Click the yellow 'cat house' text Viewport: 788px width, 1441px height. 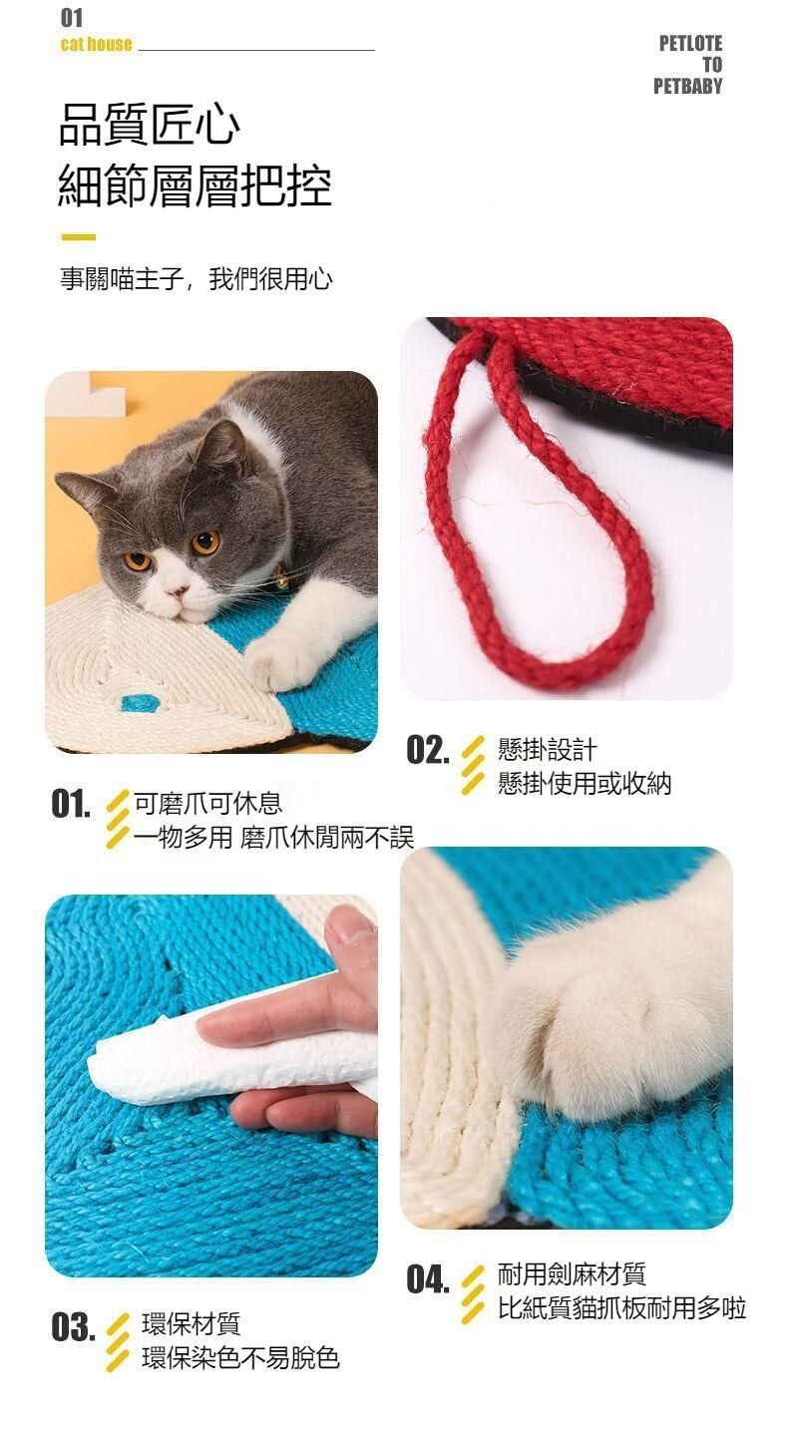(96, 45)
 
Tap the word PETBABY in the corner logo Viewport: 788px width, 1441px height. (687, 86)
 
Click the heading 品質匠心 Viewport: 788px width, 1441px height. (150, 125)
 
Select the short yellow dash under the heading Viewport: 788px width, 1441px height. (79, 237)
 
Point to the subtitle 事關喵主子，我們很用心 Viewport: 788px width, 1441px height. (197, 279)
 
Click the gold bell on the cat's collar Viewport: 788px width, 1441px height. (281, 574)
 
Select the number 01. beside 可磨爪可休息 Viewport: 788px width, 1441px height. (71, 804)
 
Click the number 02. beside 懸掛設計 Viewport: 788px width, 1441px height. (427, 750)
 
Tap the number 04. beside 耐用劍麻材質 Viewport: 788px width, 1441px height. (428, 1278)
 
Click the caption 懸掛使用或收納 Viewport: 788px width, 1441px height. (585, 784)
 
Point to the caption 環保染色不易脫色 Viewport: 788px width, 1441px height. (240, 1358)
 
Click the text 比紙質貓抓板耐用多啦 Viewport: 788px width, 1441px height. (621, 1308)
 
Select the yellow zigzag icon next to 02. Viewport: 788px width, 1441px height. (473, 765)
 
